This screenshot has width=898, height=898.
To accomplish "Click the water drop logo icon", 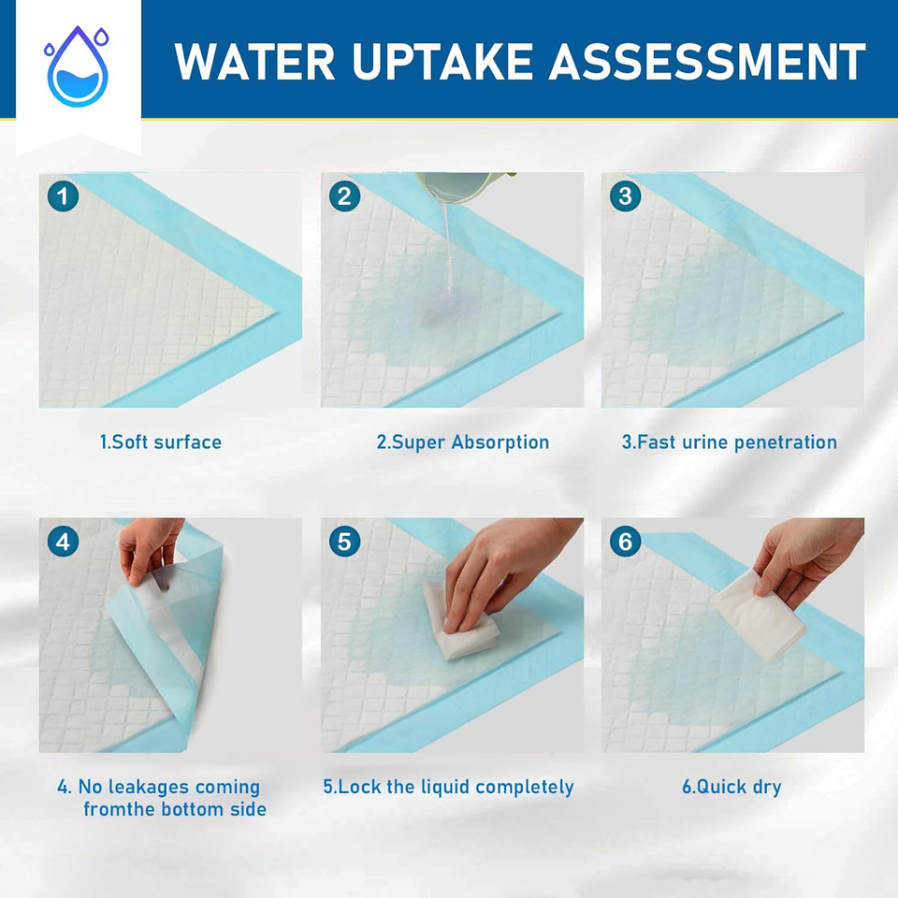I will pyautogui.click(x=77, y=65).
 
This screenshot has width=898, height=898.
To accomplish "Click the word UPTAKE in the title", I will pyautogui.click(x=444, y=62).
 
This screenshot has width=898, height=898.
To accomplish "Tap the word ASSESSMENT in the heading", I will pyautogui.click(x=706, y=62).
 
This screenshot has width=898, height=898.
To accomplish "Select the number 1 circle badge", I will pyautogui.click(x=63, y=196).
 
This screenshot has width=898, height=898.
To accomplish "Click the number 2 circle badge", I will pyautogui.click(x=345, y=196).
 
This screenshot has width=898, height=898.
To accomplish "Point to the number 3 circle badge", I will pyautogui.click(x=625, y=196).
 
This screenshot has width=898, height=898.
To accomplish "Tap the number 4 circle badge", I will pyautogui.click(x=63, y=542).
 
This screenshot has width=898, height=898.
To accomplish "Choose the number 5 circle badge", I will pyautogui.click(x=345, y=542).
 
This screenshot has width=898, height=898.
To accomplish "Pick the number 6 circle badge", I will pyautogui.click(x=625, y=542).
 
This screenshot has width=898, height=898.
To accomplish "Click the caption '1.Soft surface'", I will pyautogui.click(x=161, y=442).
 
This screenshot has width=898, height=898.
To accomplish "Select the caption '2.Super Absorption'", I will pyautogui.click(x=463, y=442).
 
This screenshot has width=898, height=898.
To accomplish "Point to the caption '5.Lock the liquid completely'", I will pyautogui.click(x=448, y=787).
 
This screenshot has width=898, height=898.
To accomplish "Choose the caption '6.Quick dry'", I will pyautogui.click(x=731, y=787).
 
